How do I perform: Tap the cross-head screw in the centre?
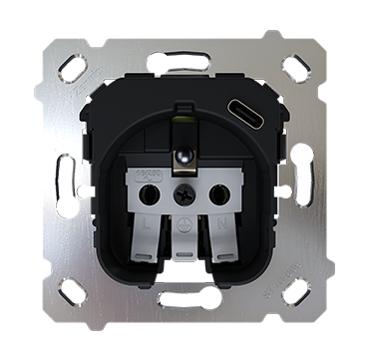[x=184, y=195]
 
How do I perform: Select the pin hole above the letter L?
[x=150, y=194]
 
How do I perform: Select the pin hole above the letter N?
[x=219, y=194]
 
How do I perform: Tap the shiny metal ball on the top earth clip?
[x=184, y=154]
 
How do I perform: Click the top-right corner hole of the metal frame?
[x=296, y=68]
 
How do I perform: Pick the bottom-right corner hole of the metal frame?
[x=296, y=291]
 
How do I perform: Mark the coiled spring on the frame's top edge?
[x=184, y=61]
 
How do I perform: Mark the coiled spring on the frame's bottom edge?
[x=184, y=298]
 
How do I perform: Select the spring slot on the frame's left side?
[x=64, y=180]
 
